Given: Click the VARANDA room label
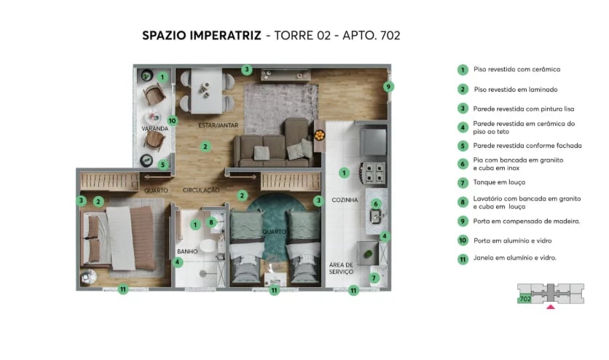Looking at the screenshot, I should (x=154, y=128).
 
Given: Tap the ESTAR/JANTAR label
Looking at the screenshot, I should (x=218, y=125).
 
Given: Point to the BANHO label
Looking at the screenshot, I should (x=186, y=251).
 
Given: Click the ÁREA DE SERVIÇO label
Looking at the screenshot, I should (x=340, y=268).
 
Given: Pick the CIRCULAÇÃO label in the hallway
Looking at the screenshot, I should (x=202, y=190).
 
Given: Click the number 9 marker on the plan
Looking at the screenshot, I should (x=388, y=87).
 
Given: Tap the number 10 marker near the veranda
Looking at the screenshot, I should (x=173, y=121).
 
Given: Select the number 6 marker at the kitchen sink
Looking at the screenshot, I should (x=376, y=203).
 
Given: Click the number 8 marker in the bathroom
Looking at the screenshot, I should (x=211, y=222).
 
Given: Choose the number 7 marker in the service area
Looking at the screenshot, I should (x=374, y=277).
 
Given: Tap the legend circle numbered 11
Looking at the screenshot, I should (x=462, y=258).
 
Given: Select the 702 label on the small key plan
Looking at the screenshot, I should (x=524, y=299).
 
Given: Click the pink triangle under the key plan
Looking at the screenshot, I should (x=551, y=307).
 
